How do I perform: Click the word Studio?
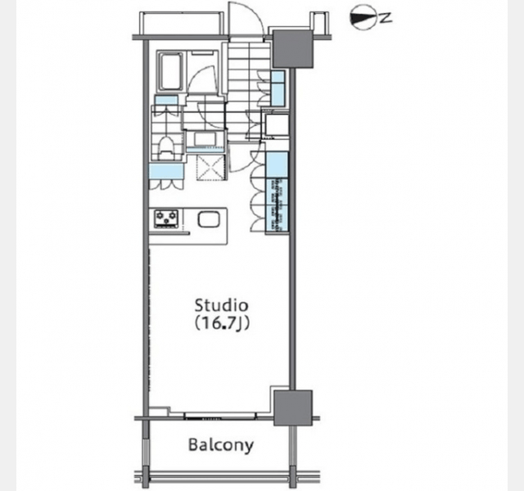221,305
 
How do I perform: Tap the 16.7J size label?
221,323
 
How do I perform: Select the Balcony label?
221,445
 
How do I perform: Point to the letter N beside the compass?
386,18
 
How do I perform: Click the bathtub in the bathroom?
171,70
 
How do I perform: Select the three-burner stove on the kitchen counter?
166,218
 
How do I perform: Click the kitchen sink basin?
209,220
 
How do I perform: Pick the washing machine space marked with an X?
210,168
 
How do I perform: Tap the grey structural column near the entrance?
293,49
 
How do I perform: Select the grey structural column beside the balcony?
293,408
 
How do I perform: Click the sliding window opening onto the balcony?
220,417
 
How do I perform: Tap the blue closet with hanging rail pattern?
277,205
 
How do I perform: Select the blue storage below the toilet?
166,171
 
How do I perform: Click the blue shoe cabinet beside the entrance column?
278,88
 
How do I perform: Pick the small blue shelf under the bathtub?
166,100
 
